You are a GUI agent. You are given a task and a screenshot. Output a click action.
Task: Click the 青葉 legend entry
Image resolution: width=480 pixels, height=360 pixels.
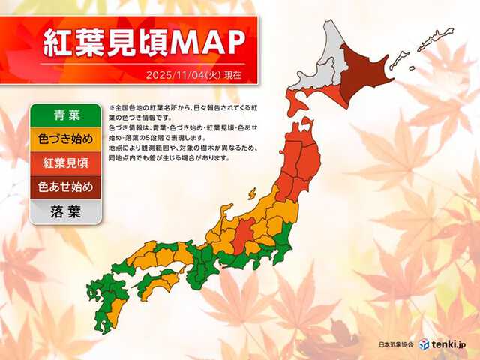[64, 115]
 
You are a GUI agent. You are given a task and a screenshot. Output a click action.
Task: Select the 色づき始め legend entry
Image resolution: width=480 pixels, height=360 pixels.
[64, 139]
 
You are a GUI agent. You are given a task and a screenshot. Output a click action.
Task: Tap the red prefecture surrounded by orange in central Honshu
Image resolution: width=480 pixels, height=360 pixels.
[241, 237]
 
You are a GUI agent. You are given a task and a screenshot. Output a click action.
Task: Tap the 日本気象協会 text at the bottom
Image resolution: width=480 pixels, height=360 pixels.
[398, 344]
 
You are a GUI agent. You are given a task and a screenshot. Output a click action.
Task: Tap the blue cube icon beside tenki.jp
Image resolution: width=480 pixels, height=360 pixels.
[424, 343]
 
